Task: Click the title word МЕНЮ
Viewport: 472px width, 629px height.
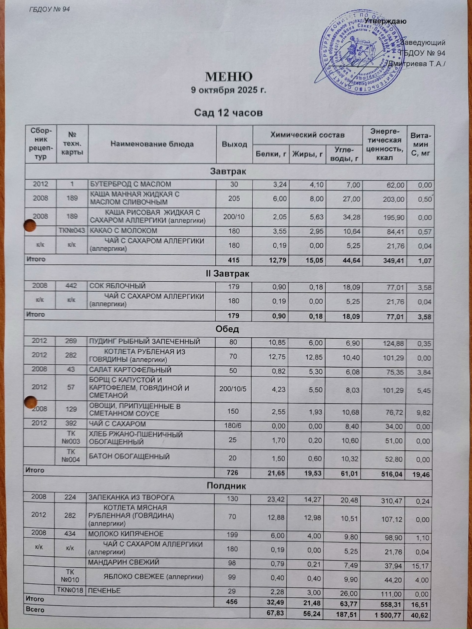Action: point(229,77)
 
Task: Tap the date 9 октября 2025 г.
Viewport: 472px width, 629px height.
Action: point(228,90)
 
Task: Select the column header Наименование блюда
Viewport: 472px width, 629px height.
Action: point(152,144)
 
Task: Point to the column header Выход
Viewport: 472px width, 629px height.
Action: point(234,144)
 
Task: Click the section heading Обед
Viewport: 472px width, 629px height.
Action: point(227,329)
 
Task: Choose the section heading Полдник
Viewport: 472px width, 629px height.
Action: point(226,486)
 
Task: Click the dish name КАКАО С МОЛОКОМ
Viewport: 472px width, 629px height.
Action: point(124,231)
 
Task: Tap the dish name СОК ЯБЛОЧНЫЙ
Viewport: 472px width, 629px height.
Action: point(118,286)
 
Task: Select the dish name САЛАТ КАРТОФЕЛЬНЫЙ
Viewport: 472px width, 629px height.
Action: point(130,370)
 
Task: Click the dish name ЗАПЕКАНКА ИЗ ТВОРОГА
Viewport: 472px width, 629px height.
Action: point(131,497)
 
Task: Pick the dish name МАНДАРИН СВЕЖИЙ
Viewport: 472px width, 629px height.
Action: point(124,562)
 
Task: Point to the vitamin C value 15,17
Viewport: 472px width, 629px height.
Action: point(421,566)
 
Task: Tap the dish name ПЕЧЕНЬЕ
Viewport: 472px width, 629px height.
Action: point(104,591)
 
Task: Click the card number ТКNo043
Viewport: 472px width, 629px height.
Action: point(72,231)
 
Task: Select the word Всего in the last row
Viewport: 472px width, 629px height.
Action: point(35,609)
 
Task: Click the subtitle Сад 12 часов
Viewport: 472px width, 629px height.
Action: point(228,112)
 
